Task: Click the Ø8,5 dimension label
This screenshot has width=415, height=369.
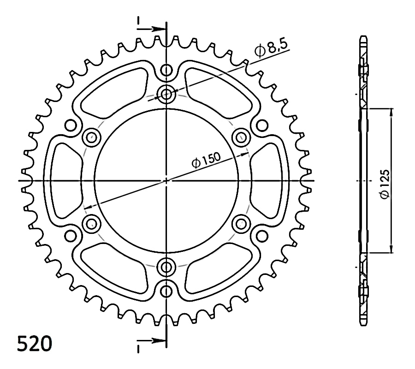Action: click(271, 48)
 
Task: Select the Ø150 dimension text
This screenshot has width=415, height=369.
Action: click(206, 160)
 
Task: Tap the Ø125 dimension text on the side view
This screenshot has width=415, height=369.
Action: click(384, 184)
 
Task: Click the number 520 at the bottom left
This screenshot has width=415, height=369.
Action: click(35, 344)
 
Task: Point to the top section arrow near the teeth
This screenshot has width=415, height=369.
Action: click(151, 29)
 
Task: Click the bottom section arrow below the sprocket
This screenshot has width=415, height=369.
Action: click(151, 340)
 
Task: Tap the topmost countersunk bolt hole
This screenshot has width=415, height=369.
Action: click(166, 94)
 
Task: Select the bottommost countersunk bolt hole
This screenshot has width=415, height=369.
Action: click(166, 267)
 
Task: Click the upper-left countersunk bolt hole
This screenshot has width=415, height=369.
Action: click(92, 137)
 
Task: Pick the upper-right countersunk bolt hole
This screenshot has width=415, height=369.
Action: click(241, 137)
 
